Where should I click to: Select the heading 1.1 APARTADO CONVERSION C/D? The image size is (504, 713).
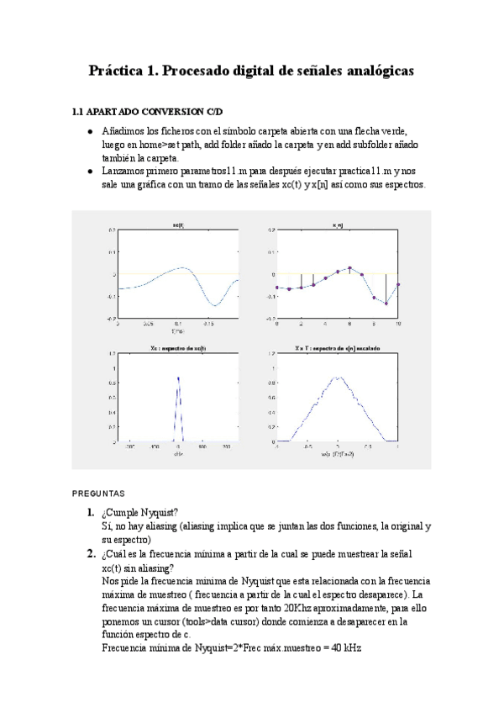(x=147, y=112)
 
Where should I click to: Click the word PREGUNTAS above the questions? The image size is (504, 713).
(x=97, y=494)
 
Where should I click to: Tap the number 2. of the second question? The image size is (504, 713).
(x=89, y=554)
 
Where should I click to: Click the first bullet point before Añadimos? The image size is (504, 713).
(x=91, y=133)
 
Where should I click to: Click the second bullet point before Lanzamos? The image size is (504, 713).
(x=91, y=172)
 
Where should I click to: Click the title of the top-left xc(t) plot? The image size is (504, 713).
(x=178, y=224)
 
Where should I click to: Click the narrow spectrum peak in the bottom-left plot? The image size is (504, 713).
(x=178, y=379)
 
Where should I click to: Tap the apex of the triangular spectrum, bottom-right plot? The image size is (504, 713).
(x=337, y=378)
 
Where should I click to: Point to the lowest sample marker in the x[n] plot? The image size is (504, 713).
(x=386, y=304)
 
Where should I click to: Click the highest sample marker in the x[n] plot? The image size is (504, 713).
(x=349, y=268)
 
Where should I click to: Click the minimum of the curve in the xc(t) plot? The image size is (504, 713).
(x=215, y=304)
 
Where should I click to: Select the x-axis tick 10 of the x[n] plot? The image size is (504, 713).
(x=397, y=323)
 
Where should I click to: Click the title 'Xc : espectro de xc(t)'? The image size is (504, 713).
(x=178, y=347)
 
